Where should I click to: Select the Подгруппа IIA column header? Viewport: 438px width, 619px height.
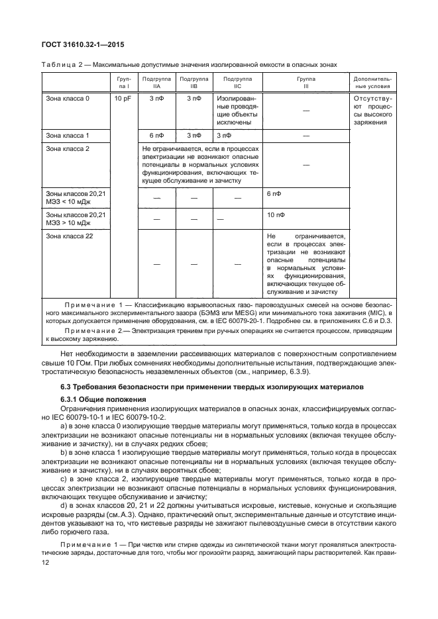coord(156,82)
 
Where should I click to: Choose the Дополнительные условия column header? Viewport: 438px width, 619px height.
coord(373,82)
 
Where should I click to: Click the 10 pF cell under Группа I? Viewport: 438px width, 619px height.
coord(122,99)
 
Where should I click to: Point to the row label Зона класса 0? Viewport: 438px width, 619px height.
coord(68,99)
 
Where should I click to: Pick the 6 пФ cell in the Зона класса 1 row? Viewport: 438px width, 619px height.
coord(156,135)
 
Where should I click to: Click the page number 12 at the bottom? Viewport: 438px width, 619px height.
coord(46,561)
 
